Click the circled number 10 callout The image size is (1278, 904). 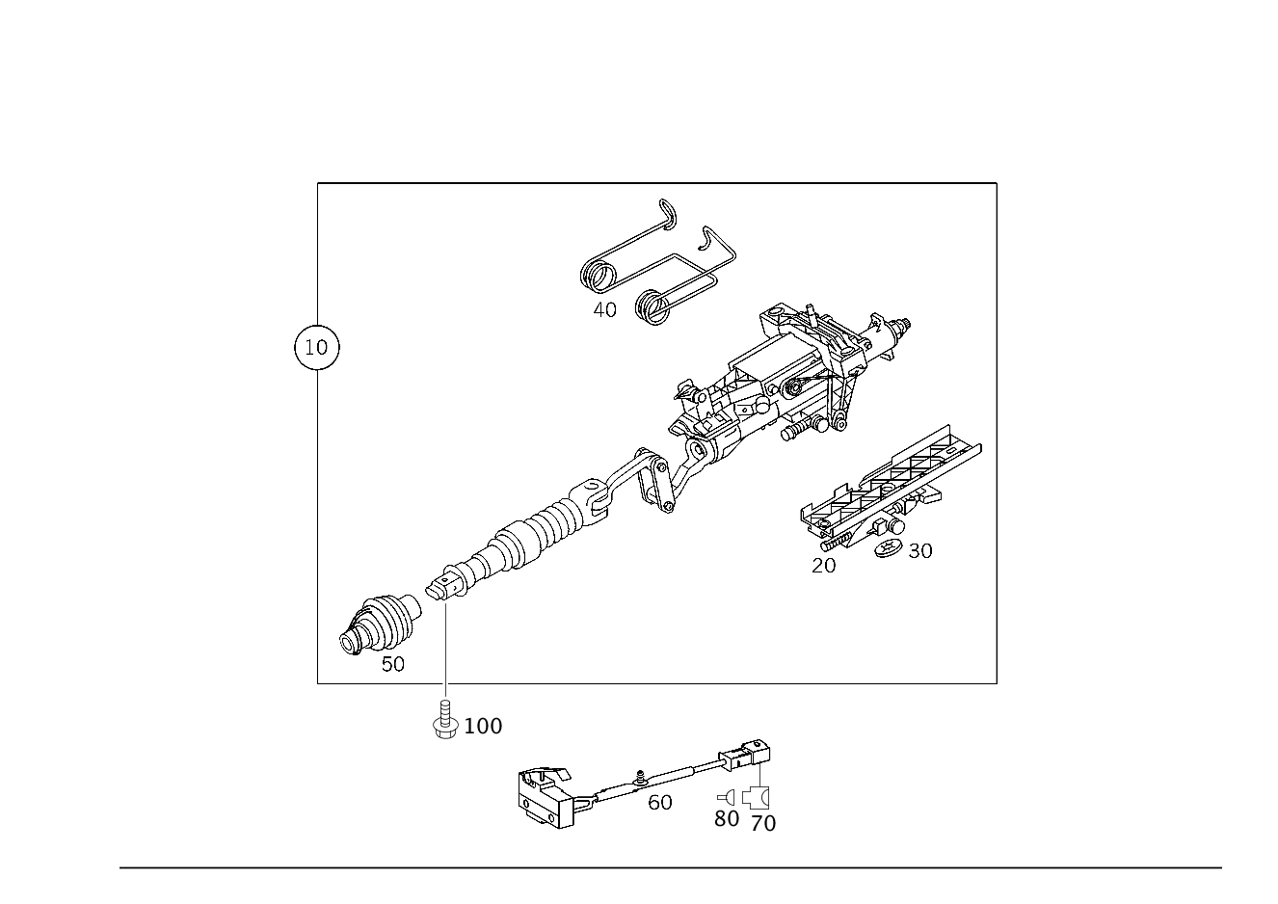(x=317, y=347)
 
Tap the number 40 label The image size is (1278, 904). (x=604, y=310)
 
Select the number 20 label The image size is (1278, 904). (x=823, y=566)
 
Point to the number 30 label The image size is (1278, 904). (x=920, y=551)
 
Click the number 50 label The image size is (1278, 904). (x=393, y=664)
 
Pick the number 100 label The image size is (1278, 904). (x=483, y=726)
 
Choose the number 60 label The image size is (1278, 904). (x=660, y=803)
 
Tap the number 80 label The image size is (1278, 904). (x=727, y=818)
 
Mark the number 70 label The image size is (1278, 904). (x=763, y=824)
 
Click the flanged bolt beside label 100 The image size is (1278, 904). (x=445, y=720)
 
